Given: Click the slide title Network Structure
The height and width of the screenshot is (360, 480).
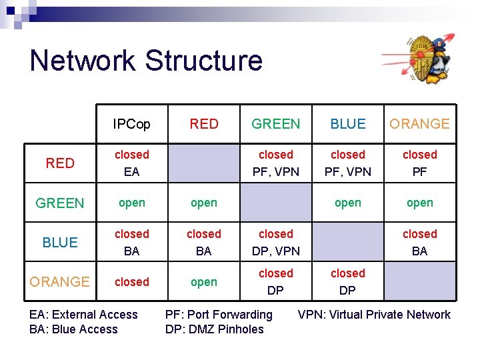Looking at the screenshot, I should coord(146,61).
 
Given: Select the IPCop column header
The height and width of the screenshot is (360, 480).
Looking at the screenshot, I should coord(131,124).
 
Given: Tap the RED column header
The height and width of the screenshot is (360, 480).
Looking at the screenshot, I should coord(204,124).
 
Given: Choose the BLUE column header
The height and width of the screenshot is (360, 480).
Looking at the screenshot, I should coord(348,124).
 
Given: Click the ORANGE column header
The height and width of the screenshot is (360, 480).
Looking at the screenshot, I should coord(419,124).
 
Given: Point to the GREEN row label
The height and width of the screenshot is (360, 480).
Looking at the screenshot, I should coord(60,203).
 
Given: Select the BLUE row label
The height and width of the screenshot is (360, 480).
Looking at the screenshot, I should coord(60,243).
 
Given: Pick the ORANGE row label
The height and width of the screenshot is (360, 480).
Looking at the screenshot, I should coord(60,282).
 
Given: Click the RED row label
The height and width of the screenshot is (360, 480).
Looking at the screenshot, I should coord(60,163).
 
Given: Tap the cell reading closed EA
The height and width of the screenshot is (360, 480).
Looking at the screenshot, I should coord(131,163).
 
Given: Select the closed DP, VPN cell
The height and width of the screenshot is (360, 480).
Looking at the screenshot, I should coord(276,243).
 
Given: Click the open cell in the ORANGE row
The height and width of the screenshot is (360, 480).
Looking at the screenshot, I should coord(204,282).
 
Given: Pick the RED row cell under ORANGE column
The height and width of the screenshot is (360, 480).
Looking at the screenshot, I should coord(420,163).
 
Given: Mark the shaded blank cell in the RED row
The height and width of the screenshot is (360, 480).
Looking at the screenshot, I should coord(204,163).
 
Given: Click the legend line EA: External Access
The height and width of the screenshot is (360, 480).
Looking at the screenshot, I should coord(84,315).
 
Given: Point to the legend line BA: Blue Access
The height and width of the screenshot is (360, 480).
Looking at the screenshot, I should coord(73,329).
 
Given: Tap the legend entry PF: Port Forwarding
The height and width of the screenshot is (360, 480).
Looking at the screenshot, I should coord(219,315).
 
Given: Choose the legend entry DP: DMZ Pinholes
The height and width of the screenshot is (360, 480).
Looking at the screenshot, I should coord(214,329).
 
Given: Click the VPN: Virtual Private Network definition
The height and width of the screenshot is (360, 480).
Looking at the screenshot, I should coord(374,315).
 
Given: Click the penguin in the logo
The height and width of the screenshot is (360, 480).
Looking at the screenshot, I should coord(438,62).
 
